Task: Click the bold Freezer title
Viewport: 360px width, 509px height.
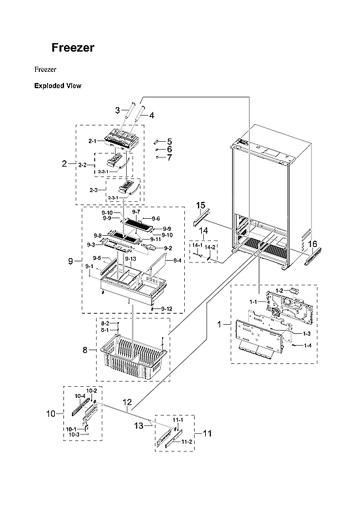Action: (73, 48)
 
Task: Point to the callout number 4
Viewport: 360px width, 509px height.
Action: (152, 116)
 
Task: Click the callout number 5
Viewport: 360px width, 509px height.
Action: (169, 141)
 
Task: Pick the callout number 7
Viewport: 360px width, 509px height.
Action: (169, 157)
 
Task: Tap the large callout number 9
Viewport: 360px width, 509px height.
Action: (70, 261)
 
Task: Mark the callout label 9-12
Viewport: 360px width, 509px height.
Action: (167, 309)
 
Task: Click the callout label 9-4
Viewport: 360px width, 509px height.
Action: (177, 260)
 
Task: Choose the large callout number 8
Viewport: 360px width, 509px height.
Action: (86, 350)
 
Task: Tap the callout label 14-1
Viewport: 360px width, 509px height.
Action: (195, 247)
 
